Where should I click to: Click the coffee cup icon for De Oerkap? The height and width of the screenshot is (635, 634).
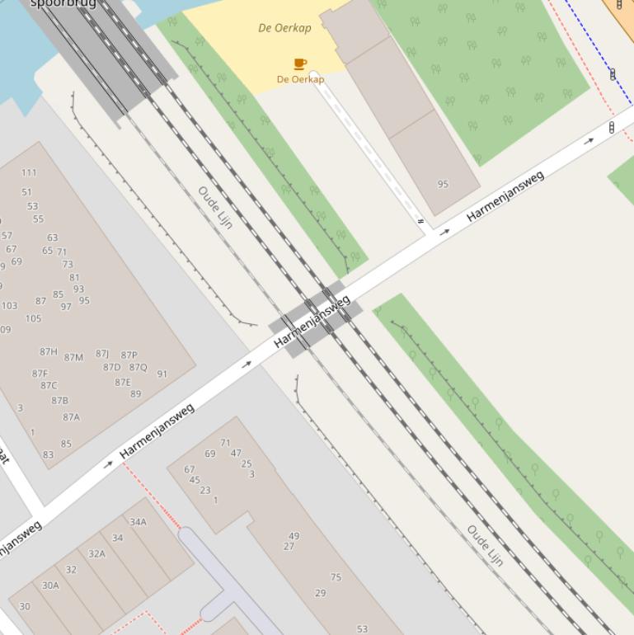[x=300, y=63]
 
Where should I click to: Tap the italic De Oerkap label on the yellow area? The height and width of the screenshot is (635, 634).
[x=284, y=28]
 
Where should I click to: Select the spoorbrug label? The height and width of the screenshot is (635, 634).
[x=63, y=3]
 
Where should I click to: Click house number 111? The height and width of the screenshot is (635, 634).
[x=29, y=172]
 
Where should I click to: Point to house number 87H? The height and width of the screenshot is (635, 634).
[x=49, y=352]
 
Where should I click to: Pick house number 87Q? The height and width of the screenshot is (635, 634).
[x=138, y=368]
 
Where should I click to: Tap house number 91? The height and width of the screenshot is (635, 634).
[x=162, y=374]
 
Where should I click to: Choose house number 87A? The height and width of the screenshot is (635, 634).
[x=72, y=417]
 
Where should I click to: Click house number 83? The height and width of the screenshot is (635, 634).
[x=48, y=454]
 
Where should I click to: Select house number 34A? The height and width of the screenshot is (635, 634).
[x=138, y=522]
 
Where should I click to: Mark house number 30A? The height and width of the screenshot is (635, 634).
[x=50, y=586]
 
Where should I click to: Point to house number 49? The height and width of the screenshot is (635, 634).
[x=294, y=536]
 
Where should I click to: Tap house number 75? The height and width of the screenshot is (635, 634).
[x=336, y=577]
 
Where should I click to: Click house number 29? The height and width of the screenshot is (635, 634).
[x=320, y=593]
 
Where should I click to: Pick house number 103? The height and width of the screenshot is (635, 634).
[x=9, y=306]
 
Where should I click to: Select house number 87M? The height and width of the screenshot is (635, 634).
[x=73, y=358]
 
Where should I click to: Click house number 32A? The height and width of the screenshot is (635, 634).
[x=96, y=554]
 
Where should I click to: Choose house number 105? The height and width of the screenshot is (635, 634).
[x=33, y=318]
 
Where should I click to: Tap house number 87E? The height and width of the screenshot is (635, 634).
[x=123, y=383]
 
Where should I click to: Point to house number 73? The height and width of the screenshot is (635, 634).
[x=68, y=265]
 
